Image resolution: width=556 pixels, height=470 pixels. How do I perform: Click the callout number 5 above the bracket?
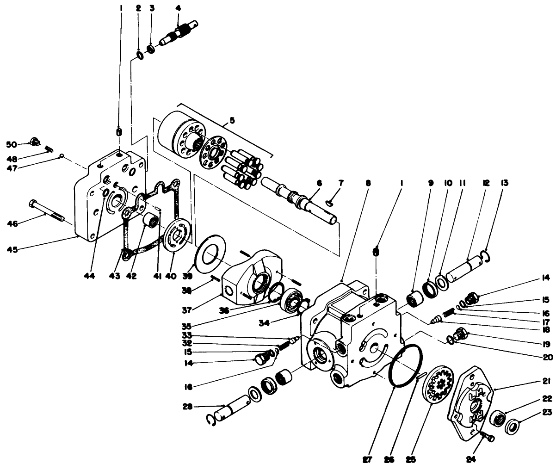[x=232, y=120]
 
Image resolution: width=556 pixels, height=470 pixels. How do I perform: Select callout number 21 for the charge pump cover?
[x=546, y=381]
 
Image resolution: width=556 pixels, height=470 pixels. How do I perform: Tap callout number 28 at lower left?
[x=187, y=407]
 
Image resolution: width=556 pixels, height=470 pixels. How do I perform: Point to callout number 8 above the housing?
[x=368, y=183]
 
